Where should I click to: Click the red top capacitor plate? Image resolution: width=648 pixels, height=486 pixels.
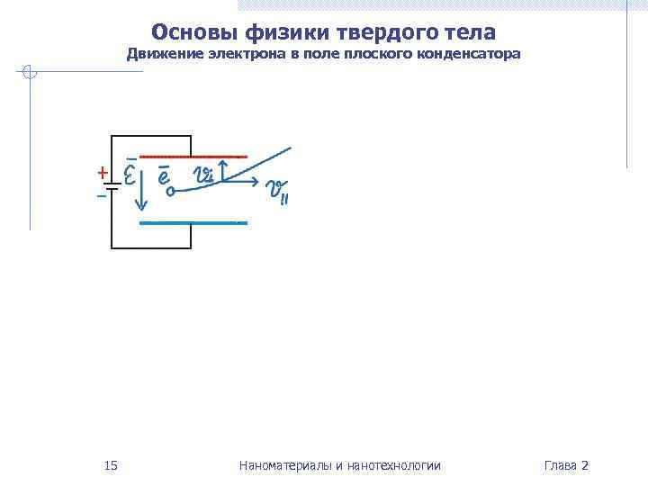[193, 157]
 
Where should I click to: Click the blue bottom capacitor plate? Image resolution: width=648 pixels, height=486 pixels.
[193, 221]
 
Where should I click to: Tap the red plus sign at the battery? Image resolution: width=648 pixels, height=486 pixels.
[102, 172]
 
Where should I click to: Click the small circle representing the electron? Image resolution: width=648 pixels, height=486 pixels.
[169, 191]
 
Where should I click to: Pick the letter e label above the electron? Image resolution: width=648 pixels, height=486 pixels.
[164, 175]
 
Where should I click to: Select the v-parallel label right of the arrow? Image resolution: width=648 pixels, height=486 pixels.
[276, 191]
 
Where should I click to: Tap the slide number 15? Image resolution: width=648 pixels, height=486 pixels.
[111, 465]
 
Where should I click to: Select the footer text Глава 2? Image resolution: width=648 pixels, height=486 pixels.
[566, 465]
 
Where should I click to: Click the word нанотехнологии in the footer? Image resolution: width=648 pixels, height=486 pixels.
[393, 465]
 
